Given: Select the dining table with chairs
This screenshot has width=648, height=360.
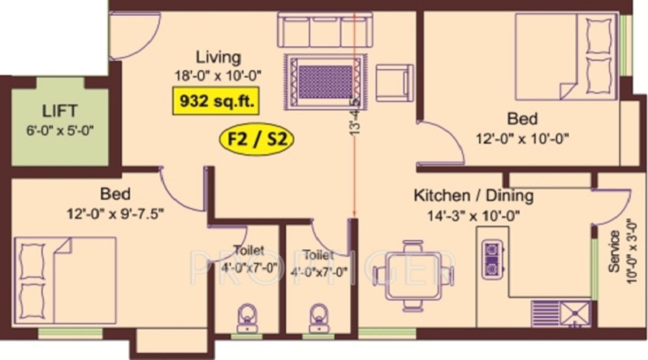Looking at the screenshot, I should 413,267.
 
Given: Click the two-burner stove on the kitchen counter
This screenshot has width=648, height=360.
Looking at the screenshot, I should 492,258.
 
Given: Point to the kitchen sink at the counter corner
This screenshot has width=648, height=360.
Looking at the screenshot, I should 575,313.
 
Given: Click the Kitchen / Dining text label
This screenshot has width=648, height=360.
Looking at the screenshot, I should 473,196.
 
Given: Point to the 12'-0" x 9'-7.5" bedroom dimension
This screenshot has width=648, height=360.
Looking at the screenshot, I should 116,212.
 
